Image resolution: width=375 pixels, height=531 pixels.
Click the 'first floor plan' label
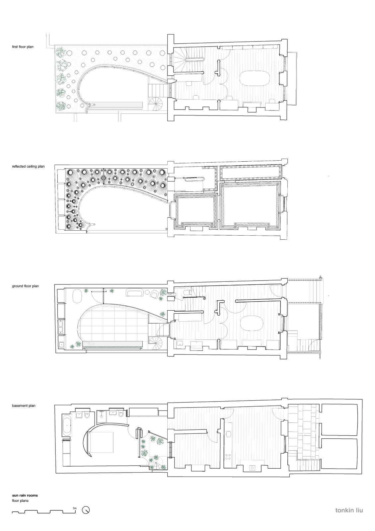pos(23,47)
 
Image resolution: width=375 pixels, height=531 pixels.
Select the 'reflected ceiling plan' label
pos(28,166)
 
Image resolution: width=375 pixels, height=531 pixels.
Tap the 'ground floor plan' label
pos(25,286)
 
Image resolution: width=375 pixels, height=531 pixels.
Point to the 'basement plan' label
pos(24,406)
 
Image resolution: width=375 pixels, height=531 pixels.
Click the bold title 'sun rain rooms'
pos(25,495)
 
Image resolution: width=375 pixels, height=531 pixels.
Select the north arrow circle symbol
pos(86,510)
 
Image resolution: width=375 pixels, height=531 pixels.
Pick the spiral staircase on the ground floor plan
pos(156,343)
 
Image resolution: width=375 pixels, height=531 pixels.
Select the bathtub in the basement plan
pos(67,425)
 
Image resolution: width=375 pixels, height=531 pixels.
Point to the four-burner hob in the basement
pos(228,456)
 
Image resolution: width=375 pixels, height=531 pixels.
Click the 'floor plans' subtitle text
pos(20,501)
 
